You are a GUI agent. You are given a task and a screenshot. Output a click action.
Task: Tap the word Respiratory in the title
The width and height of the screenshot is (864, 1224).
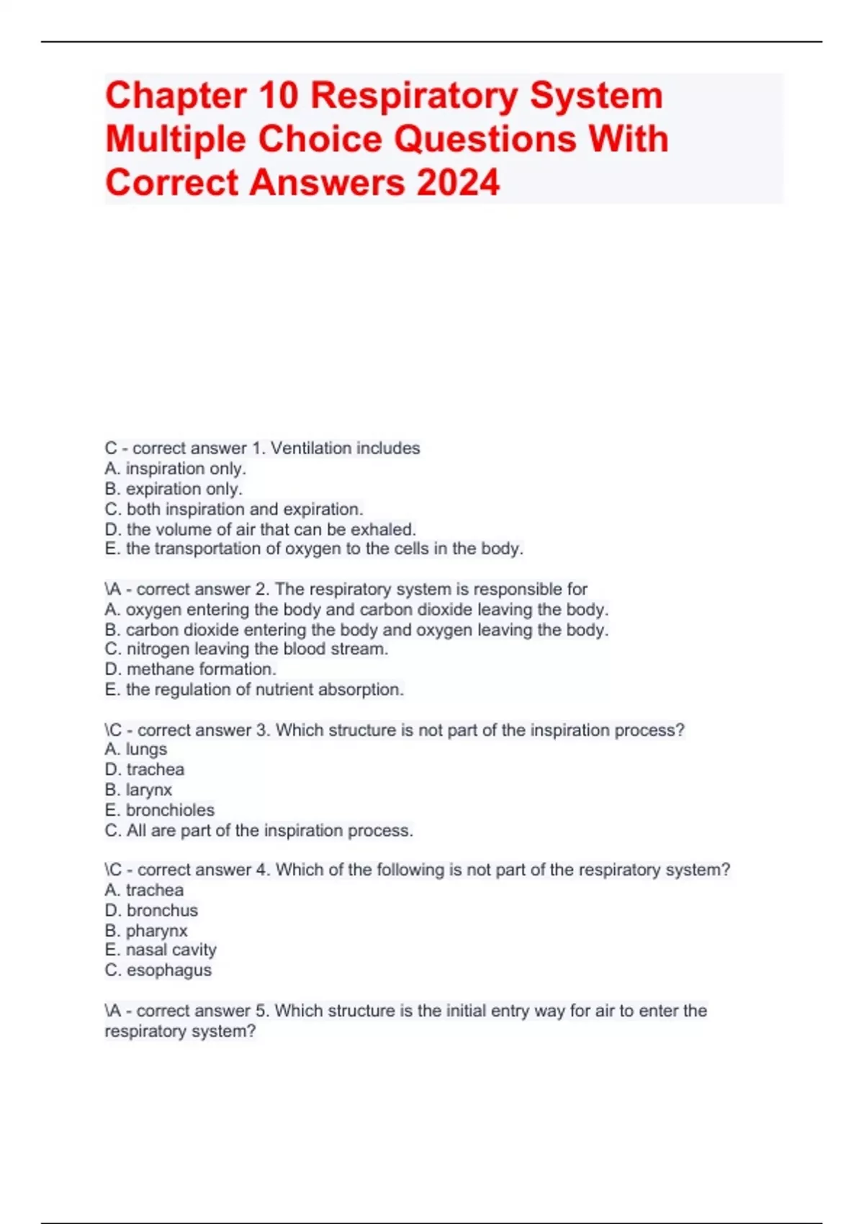(414, 95)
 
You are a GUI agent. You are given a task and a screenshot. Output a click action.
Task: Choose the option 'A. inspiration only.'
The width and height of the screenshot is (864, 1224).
(175, 469)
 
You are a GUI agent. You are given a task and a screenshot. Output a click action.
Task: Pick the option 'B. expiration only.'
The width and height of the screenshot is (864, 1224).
(173, 489)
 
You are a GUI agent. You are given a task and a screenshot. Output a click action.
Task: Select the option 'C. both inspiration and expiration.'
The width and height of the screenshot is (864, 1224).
(233, 509)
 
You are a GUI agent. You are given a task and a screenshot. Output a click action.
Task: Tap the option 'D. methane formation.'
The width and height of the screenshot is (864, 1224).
(190, 669)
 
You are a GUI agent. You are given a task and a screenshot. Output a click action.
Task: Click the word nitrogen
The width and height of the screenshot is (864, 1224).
(158, 649)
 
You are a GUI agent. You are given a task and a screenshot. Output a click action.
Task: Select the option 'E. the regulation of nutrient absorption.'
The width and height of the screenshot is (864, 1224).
(253, 689)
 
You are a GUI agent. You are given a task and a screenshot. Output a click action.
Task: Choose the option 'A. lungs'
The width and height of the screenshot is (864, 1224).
(135, 750)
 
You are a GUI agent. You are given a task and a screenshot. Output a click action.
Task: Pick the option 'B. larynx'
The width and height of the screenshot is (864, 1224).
(138, 790)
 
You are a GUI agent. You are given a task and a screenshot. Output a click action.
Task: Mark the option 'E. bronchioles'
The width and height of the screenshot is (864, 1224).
(159, 810)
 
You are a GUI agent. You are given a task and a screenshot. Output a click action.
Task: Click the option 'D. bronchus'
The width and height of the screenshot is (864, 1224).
(151, 910)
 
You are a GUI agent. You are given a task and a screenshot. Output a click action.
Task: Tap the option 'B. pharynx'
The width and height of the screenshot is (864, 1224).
(145, 930)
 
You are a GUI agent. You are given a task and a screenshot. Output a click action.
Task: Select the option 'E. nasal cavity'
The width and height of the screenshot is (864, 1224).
(160, 950)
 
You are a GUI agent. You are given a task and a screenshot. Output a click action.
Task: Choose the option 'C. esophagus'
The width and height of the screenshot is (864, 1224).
(158, 970)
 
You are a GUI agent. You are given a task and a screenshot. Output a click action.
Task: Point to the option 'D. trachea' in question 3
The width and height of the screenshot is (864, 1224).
(144, 770)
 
